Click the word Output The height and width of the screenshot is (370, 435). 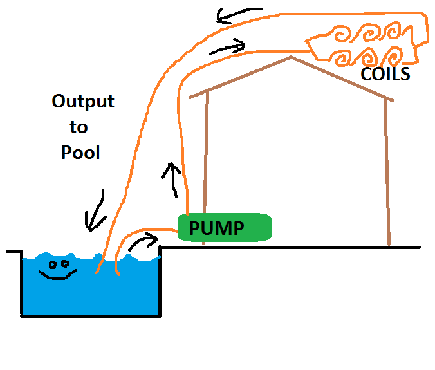pyautogui.click(x=83, y=102)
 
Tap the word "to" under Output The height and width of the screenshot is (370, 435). pyautogui.click(x=79, y=127)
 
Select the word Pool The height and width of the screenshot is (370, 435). pyautogui.click(x=80, y=153)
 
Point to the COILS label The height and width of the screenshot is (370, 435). pyautogui.click(x=385, y=75)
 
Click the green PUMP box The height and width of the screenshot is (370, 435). pyautogui.click(x=224, y=228)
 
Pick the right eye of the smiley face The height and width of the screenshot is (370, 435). pyautogui.click(x=65, y=263)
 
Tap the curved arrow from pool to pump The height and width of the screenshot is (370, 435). pyautogui.click(x=143, y=242)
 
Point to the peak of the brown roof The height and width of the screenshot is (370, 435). pyautogui.click(x=291, y=57)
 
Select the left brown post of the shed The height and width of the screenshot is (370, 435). pyautogui.click(x=205, y=167)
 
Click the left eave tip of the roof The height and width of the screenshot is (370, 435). pyautogui.click(x=190, y=97)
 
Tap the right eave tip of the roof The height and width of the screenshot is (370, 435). pyautogui.click(x=393, y=100)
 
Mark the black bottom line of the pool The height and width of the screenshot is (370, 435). pyautogui.click(x=90, y=315)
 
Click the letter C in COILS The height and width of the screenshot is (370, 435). pyautogui.click(x=366, y=75)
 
